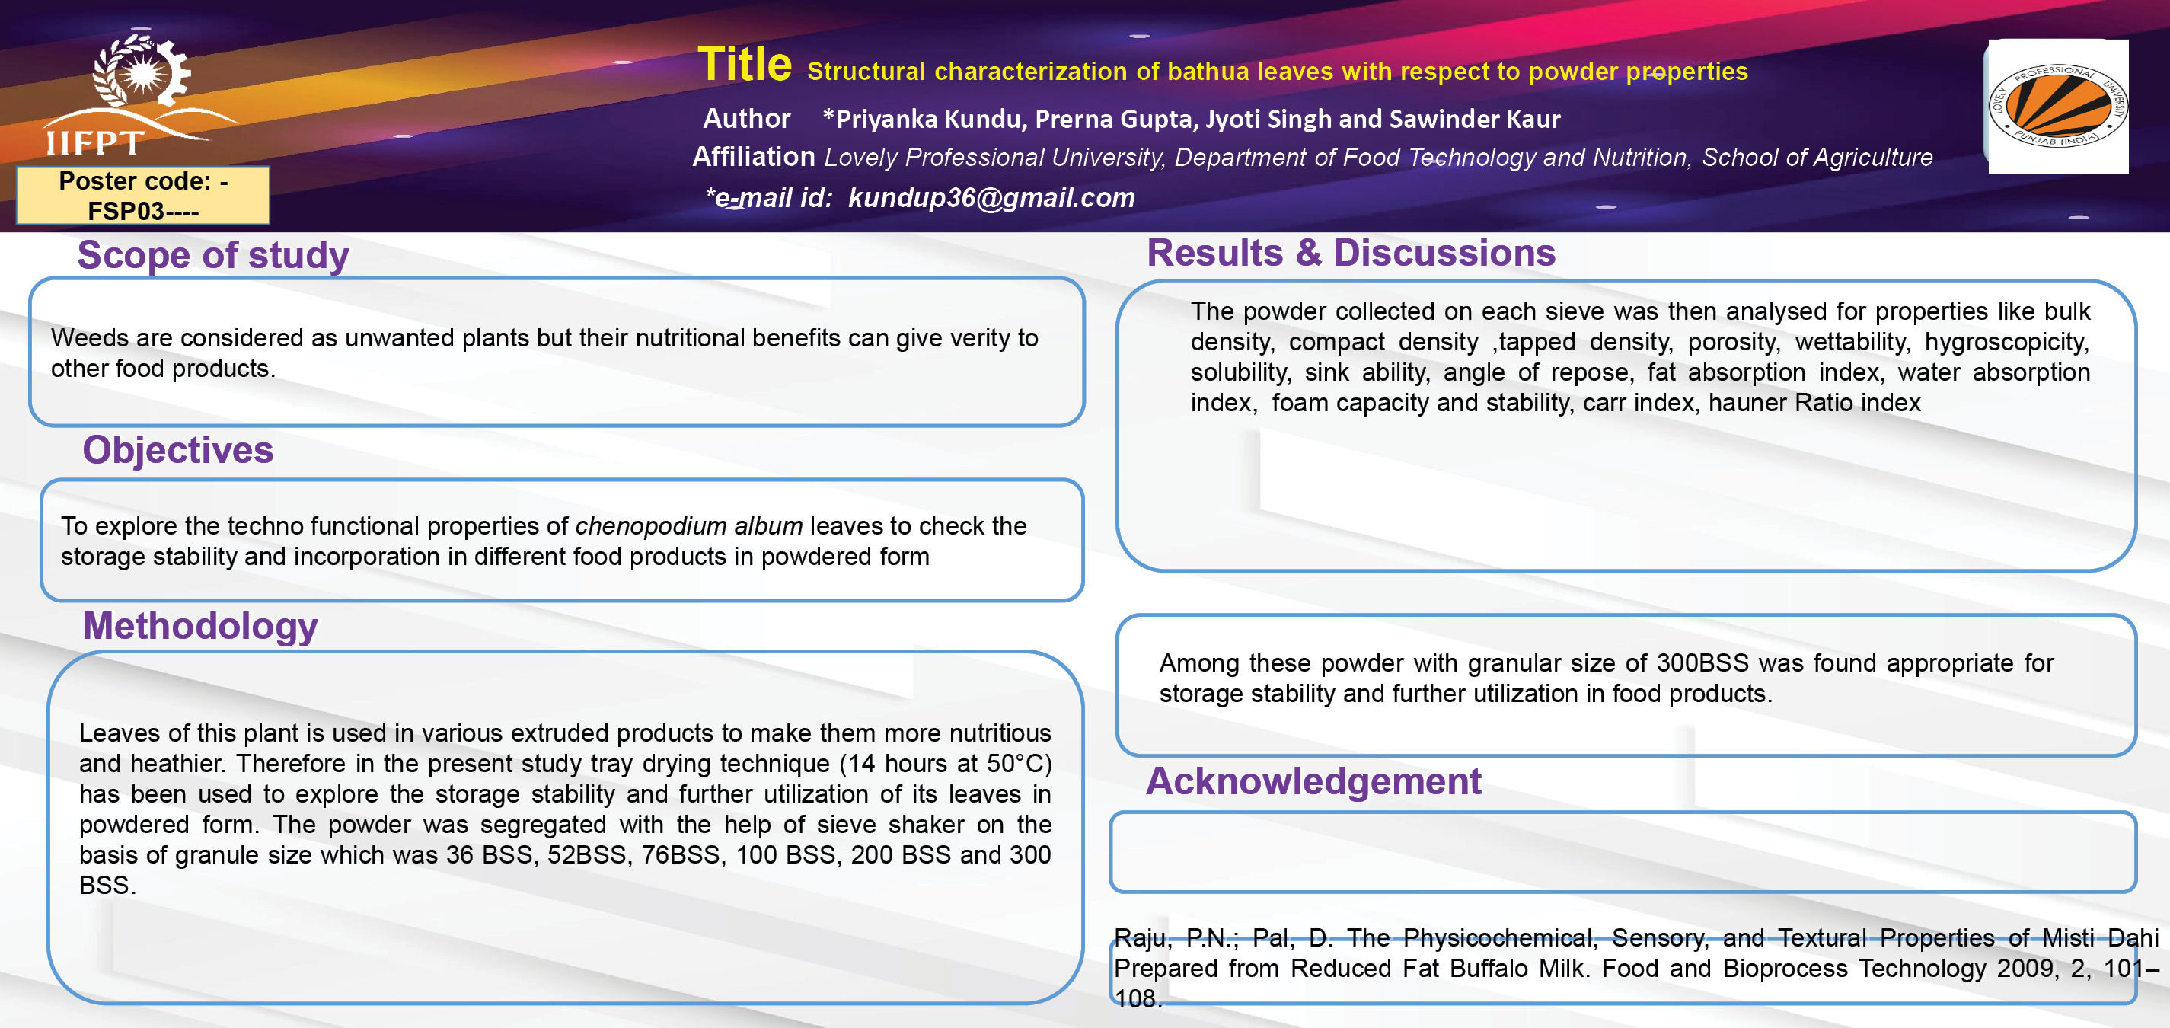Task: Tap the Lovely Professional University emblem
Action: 2058,106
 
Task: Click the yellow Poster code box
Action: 143,196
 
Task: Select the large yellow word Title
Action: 745,64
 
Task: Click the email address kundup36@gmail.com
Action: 991,197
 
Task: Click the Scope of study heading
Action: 213,255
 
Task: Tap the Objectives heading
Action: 177,449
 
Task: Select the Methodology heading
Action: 199,626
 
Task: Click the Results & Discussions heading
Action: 1351,253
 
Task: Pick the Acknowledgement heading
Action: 1313,781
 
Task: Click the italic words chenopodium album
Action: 688,525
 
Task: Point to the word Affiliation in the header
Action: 754,157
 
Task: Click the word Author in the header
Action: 746,118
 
